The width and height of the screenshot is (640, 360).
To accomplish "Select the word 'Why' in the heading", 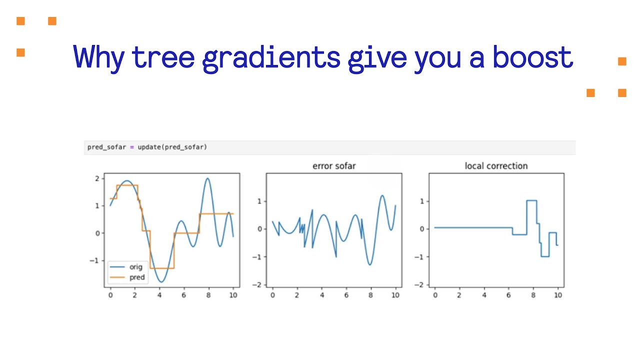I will [x=98, y=58].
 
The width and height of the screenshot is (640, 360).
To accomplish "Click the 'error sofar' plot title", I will [x=334, y=166].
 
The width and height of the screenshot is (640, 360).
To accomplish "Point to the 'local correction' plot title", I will [x=496, y=166].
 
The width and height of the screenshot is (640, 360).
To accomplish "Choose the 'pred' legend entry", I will [x=136, y=277].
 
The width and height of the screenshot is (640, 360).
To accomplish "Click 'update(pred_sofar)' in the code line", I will [x=172, y=147].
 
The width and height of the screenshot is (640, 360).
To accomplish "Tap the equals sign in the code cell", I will [x=132, y=147].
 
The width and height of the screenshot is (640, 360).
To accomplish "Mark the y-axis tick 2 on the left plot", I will [x=98, y=178].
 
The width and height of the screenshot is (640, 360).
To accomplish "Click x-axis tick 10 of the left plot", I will [x=233, y=295].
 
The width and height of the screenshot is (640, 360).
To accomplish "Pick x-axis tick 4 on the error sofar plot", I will [x=321, y=295].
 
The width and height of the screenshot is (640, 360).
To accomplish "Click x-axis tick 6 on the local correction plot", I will [x=508, y=295].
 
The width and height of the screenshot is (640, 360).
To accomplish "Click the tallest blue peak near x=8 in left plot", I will [x=207, y=178].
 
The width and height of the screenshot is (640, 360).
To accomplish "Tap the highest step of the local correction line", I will [x=531, y=200].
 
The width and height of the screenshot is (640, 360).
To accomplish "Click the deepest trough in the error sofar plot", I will [x=370, y=264].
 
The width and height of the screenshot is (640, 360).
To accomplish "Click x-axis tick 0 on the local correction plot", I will [x=434, y=295].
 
